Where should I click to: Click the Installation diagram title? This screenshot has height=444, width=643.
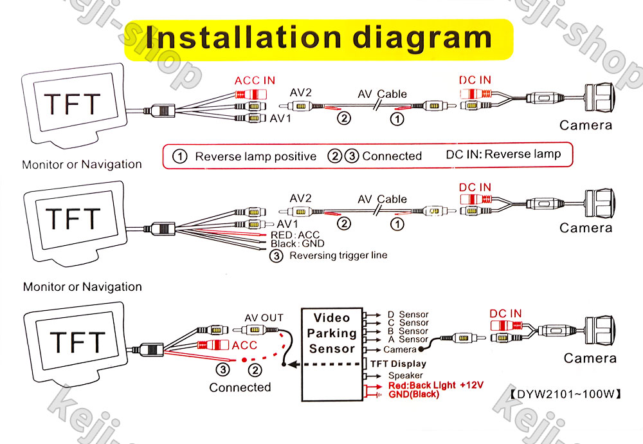[x=319, y=39]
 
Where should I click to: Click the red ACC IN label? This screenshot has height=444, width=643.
[x=255, y=80]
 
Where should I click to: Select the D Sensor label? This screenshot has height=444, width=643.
[x=407, y=315]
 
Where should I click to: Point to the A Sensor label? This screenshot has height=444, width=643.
[x=407, y=339]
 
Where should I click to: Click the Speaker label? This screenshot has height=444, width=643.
[x=405, y=375]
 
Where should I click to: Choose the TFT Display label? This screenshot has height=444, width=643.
[x=398, y=364]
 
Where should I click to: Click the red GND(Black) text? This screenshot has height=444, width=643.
[x=413, y=394]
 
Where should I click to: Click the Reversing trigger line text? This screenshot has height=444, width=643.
[x=338, y=255]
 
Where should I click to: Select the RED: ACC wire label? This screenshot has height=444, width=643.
[x=294, y=235]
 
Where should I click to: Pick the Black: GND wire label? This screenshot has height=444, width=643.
[x=297, y=244]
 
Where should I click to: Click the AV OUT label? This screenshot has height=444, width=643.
[x=264, y=317]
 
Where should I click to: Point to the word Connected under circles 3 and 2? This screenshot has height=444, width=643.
[x=240, y=387]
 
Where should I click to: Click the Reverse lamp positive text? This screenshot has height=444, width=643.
[x=256, y=156]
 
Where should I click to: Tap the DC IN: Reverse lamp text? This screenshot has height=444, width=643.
[x=503, y=154]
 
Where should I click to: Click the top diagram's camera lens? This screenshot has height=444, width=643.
[x=599, y=98]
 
